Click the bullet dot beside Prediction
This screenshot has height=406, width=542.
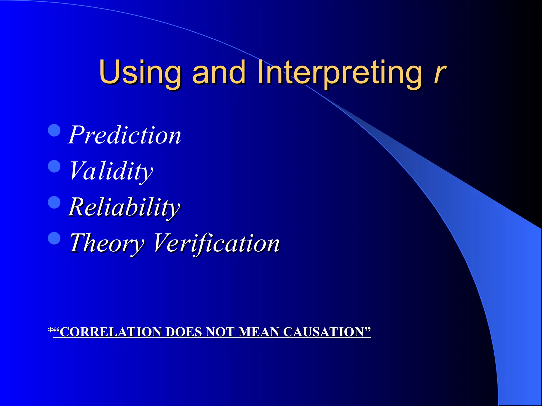pyautogui.click(x=55, y=130)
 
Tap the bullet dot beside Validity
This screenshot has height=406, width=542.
pyautogui.click(x=55, y=167)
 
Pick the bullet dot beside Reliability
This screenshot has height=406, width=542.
pyautogui.click(x=55, y=202)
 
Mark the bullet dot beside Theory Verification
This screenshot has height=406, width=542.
pyautogui.click(x=55, y=238)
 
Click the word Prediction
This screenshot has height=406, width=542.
pyautogui.click(x=124, y=135)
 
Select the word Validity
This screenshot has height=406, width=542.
pyautogui.click(x=111, y=171)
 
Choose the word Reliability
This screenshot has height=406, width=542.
pyautogui.click(x=124, y=207)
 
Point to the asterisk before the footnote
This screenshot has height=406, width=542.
pyautogui.click(x=50, y=331)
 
